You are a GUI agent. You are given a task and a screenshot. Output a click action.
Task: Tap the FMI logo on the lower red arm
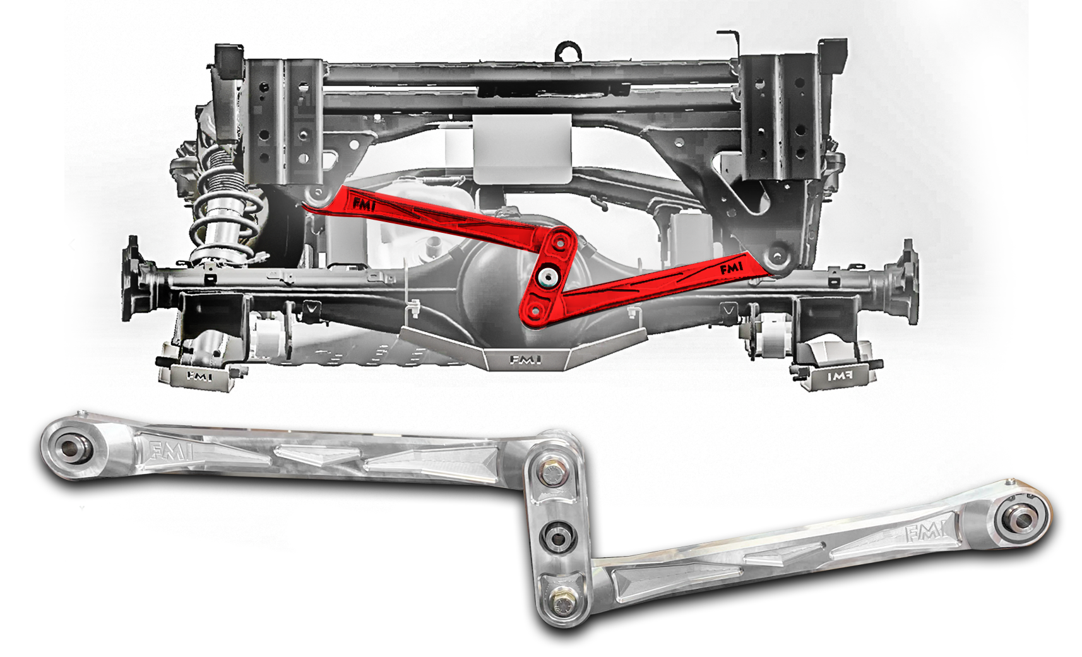pyautogui.click(x=732, y=269)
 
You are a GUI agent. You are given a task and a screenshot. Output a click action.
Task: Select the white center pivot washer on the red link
pyautogui.click(x=546, y=276)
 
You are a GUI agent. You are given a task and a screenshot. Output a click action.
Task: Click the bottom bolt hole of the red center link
pyautogui.click(x=533, y=310)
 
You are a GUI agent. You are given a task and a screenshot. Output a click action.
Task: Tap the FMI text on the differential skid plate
pyautogui.click(x=525, y=360)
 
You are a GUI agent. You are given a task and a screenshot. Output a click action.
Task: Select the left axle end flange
pyautogui.click(x=133, y=278)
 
